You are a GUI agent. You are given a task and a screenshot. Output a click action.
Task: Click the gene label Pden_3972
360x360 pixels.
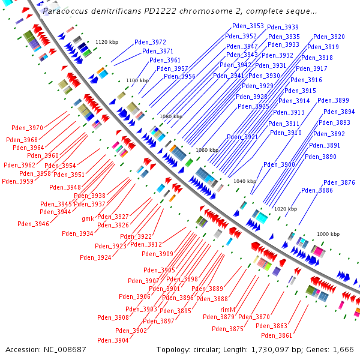[150, 42]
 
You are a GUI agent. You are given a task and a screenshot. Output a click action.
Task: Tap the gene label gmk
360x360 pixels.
[88, 219]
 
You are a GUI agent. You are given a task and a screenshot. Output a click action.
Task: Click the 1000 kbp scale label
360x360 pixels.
[328, 234]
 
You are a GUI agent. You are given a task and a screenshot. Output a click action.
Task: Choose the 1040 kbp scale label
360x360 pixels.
[244, 181]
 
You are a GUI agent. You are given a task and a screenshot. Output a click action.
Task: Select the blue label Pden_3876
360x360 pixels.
[339, 182]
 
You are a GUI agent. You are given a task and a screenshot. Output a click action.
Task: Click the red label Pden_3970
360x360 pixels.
[28, 128]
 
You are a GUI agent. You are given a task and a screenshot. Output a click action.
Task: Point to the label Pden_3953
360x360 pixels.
[248, 26]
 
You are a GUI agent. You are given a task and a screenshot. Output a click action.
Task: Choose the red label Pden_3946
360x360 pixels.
[34, 224]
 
